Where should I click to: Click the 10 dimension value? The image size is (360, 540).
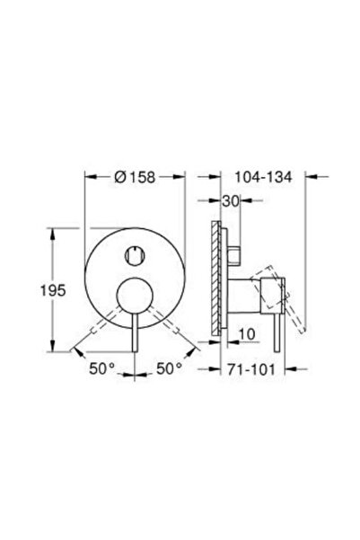click(246, 333)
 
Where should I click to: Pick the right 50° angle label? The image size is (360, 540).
click(170, 367)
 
